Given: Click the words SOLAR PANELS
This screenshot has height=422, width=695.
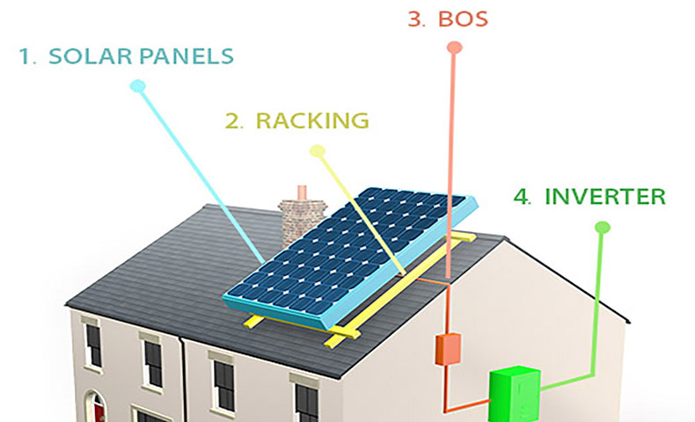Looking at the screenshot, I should click(x=142, y=55).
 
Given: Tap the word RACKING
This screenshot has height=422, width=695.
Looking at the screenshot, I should click(x=312, y=120).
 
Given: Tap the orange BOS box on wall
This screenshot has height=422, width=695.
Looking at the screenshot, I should click(x=449, y=348).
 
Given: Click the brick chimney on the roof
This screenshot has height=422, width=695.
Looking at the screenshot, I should click(x=299, y=220).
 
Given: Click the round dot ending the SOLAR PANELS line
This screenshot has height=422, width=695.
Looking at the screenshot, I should click(x=137, y=86).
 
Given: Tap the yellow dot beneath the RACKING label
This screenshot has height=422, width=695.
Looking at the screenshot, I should click(x=318, y=151).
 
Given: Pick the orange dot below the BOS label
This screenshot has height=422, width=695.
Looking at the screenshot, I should click(x=454, y=48).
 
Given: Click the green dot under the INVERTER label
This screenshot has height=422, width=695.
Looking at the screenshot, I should click(x=603, y=228).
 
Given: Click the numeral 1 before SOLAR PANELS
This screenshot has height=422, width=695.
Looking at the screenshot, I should click(x=26, y=55).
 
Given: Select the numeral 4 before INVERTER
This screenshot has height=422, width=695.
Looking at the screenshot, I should click(x=523, y=195).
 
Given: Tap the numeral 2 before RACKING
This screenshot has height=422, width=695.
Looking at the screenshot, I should click(x=233, y=120).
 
